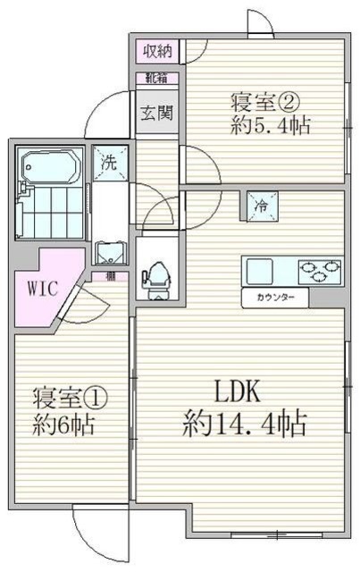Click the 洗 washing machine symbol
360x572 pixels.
tap(107, 164)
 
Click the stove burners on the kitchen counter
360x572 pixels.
tap(318, 267)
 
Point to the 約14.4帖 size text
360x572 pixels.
tap(246, 423)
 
